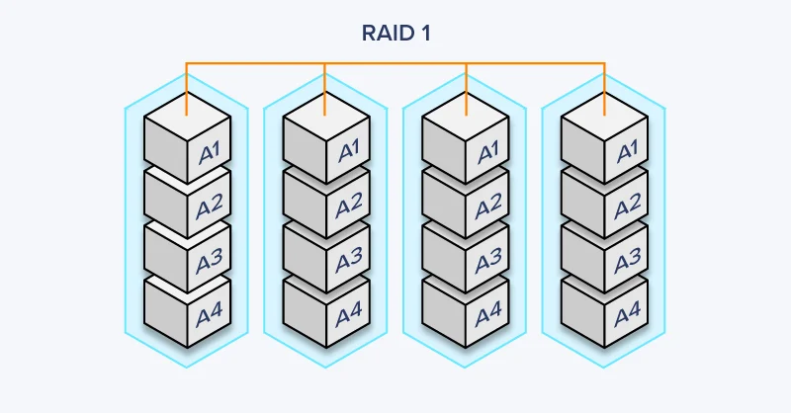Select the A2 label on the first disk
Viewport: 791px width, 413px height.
210,207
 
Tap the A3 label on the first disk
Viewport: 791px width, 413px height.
210,262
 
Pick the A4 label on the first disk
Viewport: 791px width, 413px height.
210,316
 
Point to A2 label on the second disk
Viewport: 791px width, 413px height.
349,207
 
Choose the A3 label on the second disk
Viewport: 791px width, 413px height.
349,262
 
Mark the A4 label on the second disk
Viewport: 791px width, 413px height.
349,316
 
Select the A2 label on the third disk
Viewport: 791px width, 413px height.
488,207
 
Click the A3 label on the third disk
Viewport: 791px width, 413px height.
488,262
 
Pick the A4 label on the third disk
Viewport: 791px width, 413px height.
488,316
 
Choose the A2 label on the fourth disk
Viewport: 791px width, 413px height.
627,207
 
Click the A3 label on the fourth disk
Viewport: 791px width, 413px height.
627,262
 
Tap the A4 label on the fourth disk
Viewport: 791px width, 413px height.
627,316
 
